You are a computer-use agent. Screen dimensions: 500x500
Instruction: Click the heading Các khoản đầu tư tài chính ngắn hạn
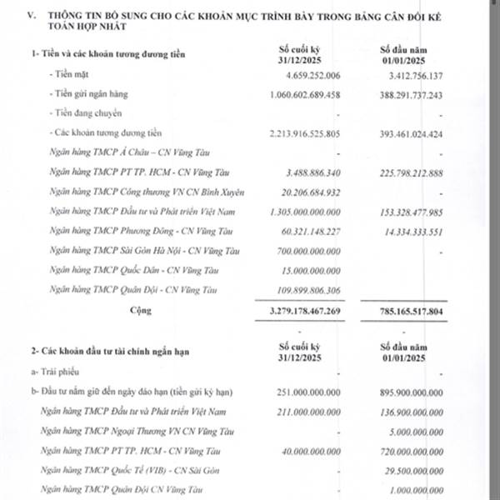click(108, 352)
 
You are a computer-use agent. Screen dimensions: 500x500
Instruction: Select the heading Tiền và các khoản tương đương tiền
click(108, 55)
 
